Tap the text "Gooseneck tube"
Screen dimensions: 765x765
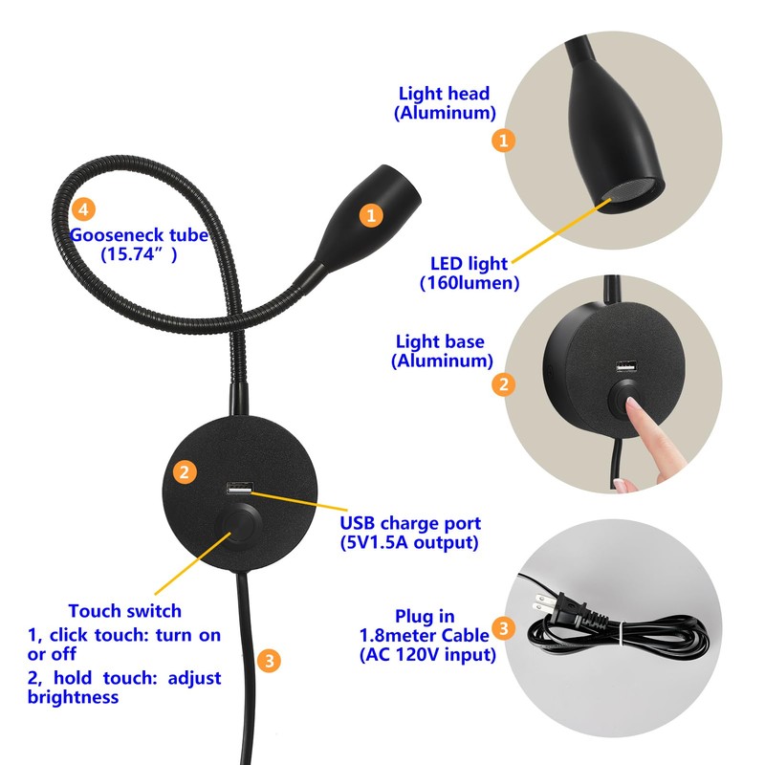[139, 235]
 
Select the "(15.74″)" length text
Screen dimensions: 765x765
[139, 255]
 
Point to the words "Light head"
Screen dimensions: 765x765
[444, 94]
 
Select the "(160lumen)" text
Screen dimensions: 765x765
[469, 283]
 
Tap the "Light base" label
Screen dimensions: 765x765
[442, 341]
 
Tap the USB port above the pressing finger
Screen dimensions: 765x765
[625, 368]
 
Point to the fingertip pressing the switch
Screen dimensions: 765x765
[634, 409]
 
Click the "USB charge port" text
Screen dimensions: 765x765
[410, 524]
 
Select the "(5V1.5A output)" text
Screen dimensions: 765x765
[409, 543]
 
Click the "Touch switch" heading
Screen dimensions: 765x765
[124, 611]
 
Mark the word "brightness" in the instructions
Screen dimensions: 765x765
[73, 697]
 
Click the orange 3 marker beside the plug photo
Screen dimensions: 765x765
[506, 629]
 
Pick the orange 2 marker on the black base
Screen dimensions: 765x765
[186, 470]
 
